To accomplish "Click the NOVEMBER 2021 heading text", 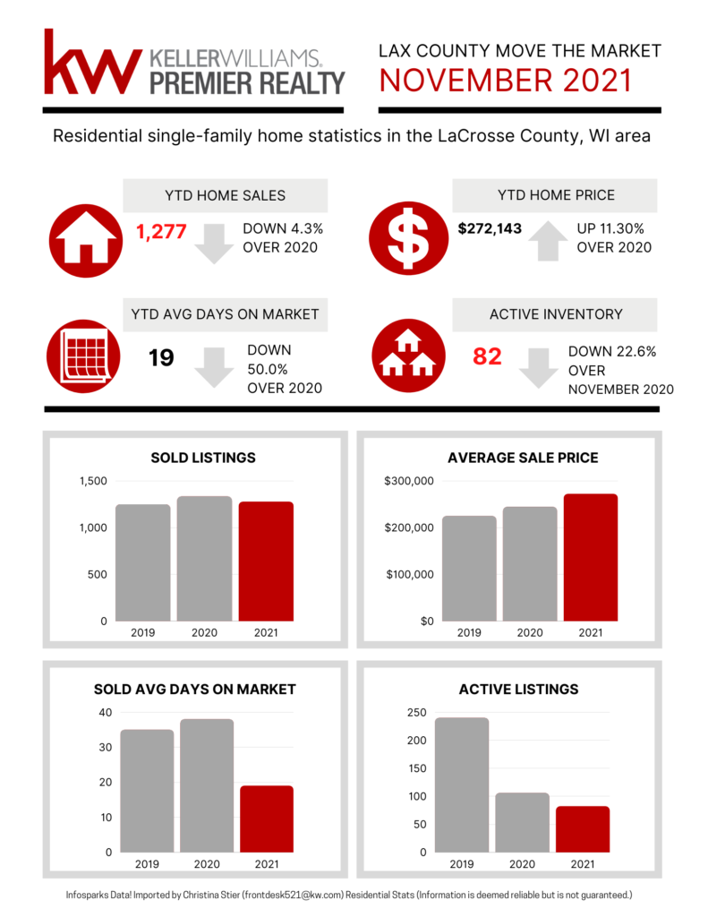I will click(505, 81).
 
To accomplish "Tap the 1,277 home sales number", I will click(161, 233).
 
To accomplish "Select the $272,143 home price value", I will click(490, 228).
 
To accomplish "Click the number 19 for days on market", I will click(161, 359).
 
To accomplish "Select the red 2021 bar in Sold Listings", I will click(266, 561).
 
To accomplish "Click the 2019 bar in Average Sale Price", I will click(468, 568).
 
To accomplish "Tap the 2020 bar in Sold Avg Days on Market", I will click(207, 785).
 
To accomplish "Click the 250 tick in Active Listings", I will click(417, 713).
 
